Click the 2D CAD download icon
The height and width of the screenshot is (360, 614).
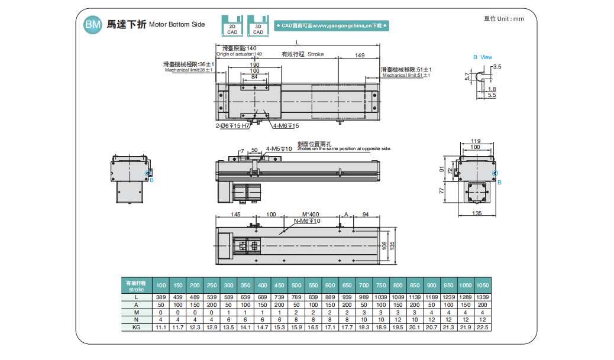(x=232, y=26)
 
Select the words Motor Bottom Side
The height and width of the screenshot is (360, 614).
(x=177, y=25)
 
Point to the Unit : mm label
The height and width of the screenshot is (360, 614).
(x=504, y=19)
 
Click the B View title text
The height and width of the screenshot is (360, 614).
(x=482, y=57)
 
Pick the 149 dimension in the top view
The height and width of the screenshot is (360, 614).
(x=360, y=55)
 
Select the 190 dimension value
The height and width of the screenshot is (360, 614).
(x=254, y=64)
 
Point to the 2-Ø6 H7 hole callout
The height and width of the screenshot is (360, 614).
(x=231, y=126)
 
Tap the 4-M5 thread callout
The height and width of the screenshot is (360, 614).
(x=279, y=149)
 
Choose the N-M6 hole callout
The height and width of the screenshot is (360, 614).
(x=307, y=221)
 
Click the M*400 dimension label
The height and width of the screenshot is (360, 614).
(x=310, y=214)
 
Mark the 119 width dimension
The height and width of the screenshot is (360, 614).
(x=476, y=141)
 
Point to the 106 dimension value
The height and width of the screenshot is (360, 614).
(x=384, y=244)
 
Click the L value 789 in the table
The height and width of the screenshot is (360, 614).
(x=296, y=296)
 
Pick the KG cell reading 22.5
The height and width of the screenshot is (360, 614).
(x=483, y=327)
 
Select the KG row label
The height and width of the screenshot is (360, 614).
(x=136, y=327)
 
